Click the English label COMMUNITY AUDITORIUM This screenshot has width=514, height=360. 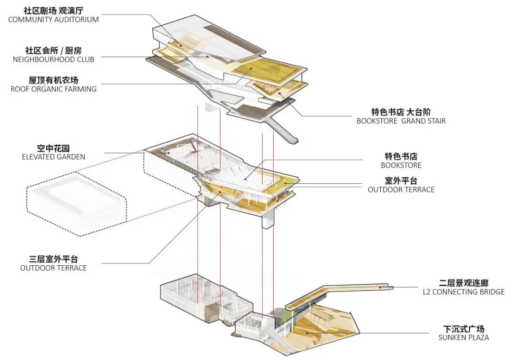53,20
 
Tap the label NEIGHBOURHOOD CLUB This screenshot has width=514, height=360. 53,60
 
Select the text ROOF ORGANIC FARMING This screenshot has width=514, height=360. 53,89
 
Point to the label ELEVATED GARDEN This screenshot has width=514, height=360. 53,157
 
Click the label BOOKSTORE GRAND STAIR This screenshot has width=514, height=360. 401,121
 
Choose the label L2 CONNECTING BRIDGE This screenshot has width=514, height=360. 464,292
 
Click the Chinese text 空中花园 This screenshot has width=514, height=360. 53,148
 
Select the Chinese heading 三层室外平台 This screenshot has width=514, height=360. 53,259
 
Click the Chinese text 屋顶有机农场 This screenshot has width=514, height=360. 53,80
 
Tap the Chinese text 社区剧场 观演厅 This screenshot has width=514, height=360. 53,10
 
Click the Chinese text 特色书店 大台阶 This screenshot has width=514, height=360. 401,112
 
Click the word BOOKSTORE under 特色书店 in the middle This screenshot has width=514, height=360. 401,165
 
